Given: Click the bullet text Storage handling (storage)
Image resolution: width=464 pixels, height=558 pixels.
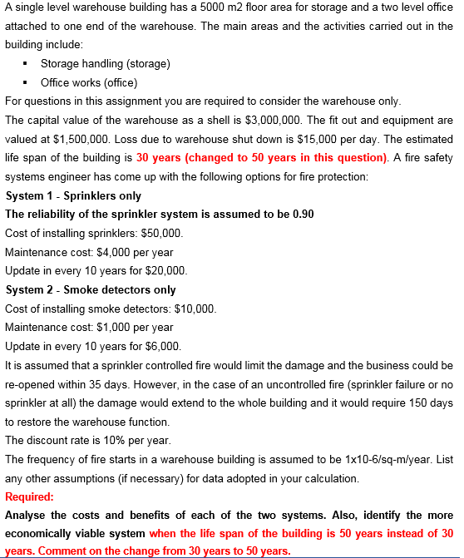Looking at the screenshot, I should (106, 64).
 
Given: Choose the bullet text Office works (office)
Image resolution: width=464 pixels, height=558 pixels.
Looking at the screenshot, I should (89, 82).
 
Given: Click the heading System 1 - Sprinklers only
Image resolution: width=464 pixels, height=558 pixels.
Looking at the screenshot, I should (73, 196).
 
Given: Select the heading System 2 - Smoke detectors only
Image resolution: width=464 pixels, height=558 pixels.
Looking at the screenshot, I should (90, 290).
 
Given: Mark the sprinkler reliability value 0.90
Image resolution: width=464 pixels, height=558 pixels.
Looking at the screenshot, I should (304, 215).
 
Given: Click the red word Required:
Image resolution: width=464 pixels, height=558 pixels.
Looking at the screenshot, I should (30, 497).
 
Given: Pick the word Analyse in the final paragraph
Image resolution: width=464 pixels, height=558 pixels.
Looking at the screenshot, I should (25, 516).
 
